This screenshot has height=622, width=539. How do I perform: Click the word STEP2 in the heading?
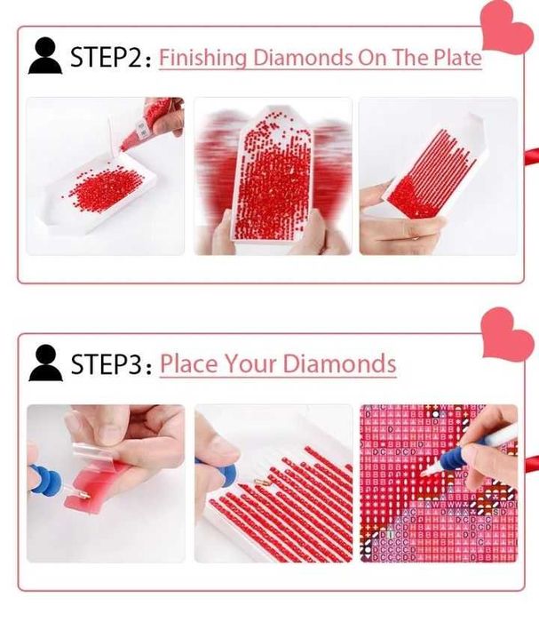106,57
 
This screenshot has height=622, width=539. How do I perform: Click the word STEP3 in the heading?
107,364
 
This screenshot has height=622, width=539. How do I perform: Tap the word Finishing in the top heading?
202,58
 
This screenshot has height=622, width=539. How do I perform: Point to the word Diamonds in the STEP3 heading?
339,363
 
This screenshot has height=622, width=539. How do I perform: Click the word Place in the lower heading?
189,363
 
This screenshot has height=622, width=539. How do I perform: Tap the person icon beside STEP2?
45,55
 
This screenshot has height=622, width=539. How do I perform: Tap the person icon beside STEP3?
45,363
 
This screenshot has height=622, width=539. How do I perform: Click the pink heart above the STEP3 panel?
507,335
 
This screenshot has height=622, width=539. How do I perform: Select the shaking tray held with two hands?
271,179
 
